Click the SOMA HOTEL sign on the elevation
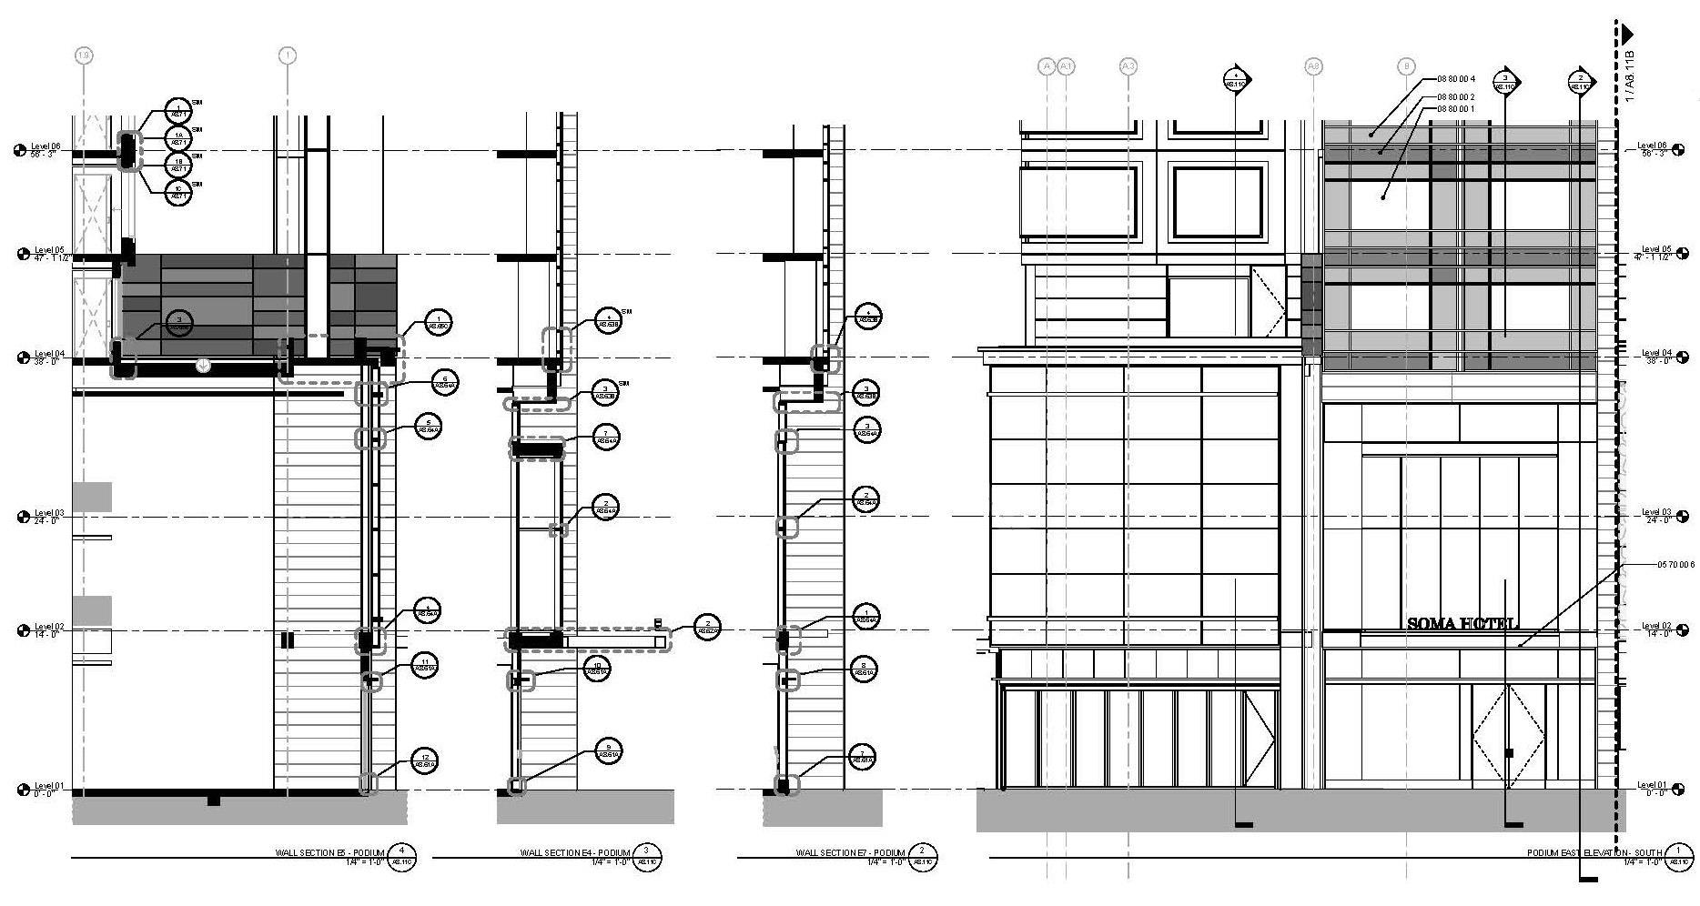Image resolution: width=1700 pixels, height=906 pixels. click(x=1462, y=624)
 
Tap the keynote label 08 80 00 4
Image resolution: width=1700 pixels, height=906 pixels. click(x=1456, y=79)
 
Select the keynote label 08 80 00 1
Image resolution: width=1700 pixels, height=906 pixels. click(x=1456, y=109)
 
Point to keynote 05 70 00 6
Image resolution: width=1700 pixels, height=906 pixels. click(x=1675, y=565)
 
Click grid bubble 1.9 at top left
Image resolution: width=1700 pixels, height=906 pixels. click(x=84, y=56)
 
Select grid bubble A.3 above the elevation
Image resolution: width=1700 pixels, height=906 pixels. click(x=1128, y=65)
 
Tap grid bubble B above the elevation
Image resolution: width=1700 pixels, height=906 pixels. click(x=1407, y=65)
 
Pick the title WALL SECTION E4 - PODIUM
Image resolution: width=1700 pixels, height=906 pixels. click(x=574, y=853)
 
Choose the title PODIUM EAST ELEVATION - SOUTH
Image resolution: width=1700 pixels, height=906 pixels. click(x=1594, y=853)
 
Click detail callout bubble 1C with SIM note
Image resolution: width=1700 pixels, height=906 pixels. click(x=179, y=192)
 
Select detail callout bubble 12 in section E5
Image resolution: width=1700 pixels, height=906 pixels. click(x=424, y=760)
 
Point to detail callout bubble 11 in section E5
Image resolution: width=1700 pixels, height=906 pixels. click(x=424, y=665)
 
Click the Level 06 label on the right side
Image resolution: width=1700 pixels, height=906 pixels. click(x=1652, y=149)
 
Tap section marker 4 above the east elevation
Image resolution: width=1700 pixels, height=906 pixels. click(x=1235, y=80)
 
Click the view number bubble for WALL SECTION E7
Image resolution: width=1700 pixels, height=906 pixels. click(x=922, y=858)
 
